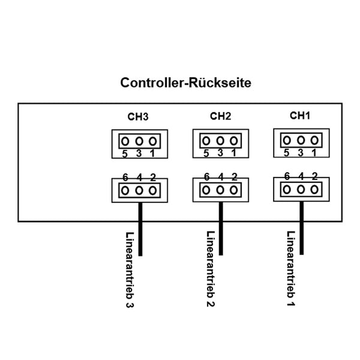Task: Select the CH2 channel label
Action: pos(220,115)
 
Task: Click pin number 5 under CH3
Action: pos(125,154)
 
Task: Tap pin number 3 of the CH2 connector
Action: pos(221,153)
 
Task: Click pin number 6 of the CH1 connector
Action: pos(286,176)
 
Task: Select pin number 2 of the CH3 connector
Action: pos(153,177)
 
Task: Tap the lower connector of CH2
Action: pos(220,190)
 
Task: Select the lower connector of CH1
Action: pos(300,189)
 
